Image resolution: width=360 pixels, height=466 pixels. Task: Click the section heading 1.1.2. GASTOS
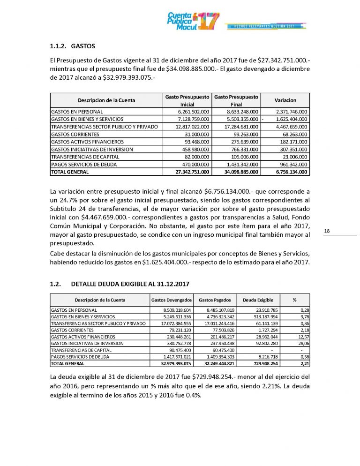click(x=72, y=46)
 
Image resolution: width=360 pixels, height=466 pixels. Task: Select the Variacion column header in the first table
click(x=285, y=100)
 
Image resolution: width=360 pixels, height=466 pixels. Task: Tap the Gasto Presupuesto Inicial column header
click(x=187, y=100)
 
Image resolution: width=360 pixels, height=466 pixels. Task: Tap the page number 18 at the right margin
click(x=327, y=231)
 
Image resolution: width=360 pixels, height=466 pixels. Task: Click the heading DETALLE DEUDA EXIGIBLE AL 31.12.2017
click(x=130, y=284)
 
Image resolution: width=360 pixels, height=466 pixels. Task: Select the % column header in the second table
click(x=294, y=300)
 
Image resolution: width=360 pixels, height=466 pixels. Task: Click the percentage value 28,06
click(x=300, y=343)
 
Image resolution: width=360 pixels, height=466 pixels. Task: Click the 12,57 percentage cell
click(x=300, y=337)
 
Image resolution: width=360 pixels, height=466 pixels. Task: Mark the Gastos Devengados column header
click(x=172, y=300)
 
